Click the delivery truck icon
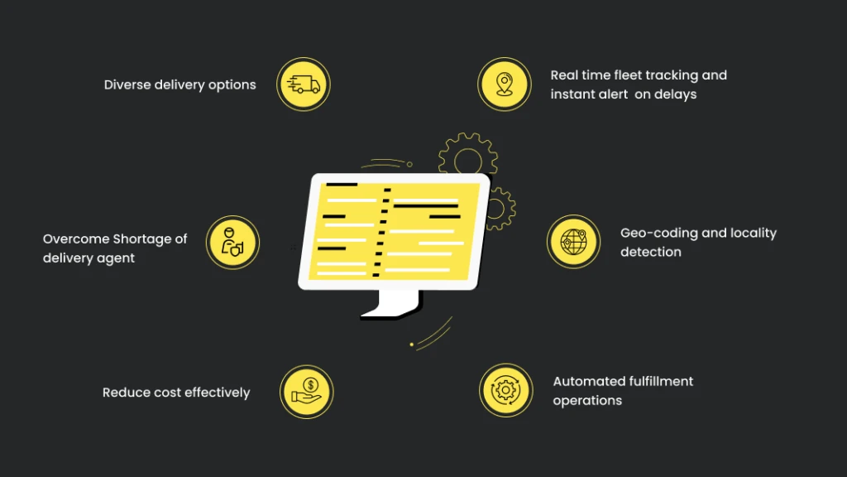point(303,84)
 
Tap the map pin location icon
point(505,84)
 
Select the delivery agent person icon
point(232,243)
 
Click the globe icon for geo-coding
point(574,242)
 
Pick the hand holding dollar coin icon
point(307,392)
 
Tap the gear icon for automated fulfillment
point(505,390)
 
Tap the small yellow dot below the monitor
point(412,344)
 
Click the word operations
point(587,401)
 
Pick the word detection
point(650,252)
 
